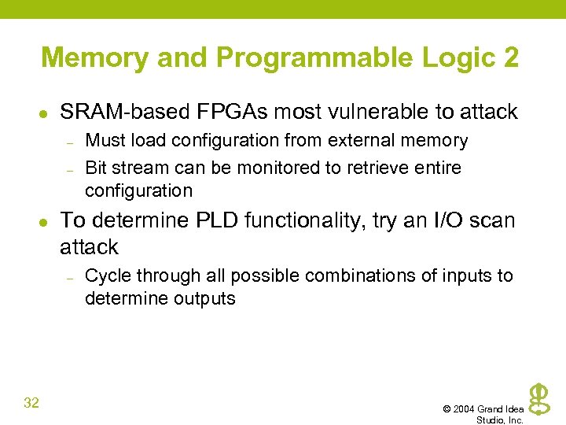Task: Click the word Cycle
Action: pos(107,275)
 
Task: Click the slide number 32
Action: pos(31,403)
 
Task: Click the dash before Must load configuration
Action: pos(70,142)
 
